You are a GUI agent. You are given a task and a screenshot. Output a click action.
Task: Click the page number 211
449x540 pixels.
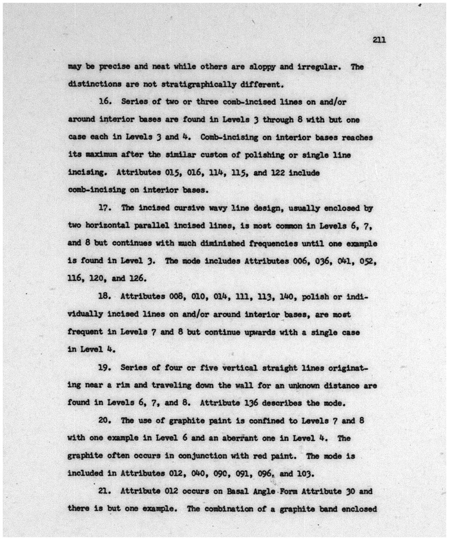379,40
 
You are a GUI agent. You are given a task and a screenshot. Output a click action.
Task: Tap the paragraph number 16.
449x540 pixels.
105,102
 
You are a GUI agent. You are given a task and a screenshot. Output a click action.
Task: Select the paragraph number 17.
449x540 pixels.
105,208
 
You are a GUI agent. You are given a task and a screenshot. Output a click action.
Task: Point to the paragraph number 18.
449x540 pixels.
105,297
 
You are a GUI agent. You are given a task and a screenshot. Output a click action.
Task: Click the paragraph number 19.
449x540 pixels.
105,367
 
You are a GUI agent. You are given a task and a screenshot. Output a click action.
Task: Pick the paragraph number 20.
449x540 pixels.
105,421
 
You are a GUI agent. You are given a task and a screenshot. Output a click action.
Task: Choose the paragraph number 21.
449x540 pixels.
105,491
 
